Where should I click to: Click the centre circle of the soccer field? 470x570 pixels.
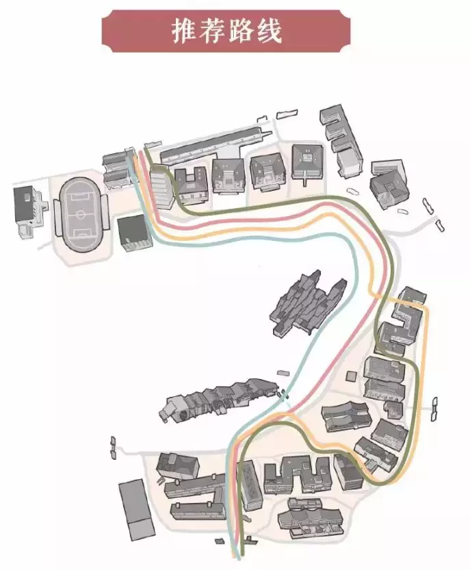click(81, 213)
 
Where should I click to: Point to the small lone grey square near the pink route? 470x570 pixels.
click(352, 376)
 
